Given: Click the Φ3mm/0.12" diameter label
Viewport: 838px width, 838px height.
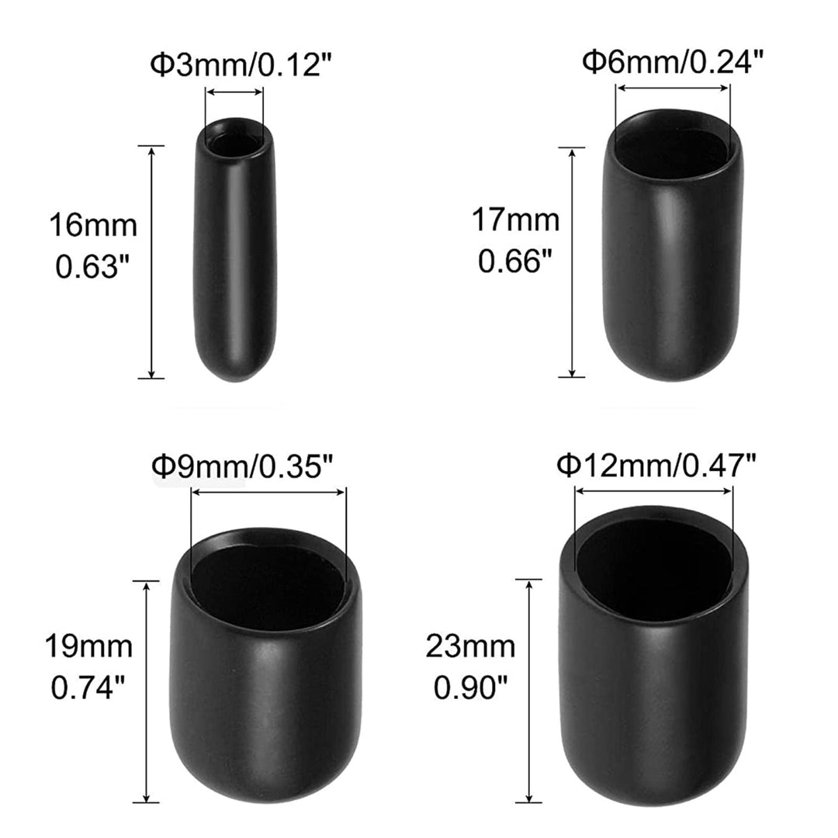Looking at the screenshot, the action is (241, 65).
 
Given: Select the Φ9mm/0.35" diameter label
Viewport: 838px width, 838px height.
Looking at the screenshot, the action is (243, 466).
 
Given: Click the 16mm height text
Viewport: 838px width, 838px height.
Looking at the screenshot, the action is (94, 225).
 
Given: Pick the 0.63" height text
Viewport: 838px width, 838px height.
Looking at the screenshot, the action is (94, 265).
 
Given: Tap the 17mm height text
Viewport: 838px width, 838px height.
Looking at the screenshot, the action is (516, 220).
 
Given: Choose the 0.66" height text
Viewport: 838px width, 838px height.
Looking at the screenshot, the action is (514, 261).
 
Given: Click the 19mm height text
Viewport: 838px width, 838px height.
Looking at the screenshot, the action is (88, 646).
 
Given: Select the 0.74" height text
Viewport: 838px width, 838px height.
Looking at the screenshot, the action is (88, 687).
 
